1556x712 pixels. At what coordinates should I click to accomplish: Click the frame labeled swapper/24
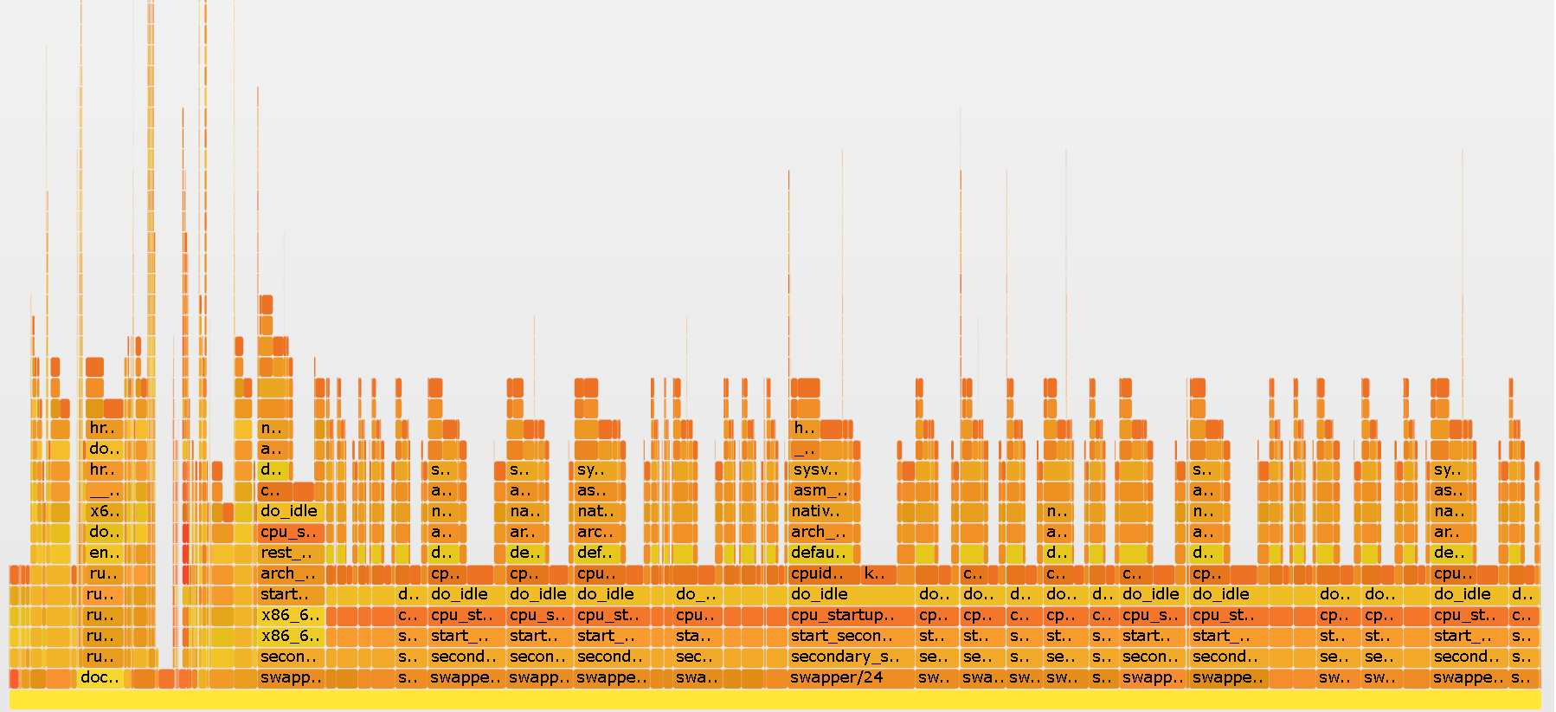852,678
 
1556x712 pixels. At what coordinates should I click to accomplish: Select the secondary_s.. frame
852,657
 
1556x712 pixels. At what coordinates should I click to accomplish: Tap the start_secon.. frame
852,637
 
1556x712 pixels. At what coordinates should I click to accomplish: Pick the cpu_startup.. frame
852,616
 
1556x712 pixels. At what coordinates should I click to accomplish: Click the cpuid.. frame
824,574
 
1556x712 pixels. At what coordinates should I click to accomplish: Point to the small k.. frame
877,574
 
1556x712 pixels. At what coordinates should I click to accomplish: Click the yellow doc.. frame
100,678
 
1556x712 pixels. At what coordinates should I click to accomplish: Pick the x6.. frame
104,512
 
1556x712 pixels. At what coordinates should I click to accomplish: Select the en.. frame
104,553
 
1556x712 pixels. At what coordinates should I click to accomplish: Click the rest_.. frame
291,553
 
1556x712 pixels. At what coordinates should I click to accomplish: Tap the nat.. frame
597,512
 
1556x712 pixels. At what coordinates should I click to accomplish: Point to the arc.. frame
597,533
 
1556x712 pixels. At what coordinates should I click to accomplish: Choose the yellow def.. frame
597,553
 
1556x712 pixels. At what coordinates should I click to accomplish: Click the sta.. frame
696,637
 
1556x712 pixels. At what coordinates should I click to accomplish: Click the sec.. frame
696,657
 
